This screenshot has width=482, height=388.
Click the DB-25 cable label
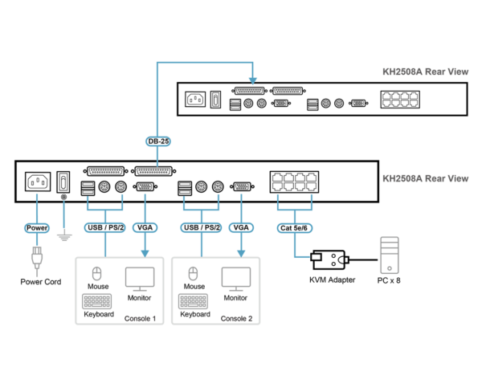click(157, 141)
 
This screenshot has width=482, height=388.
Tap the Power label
click(37, 228)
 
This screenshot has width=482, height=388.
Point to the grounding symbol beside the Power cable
click(64, 237)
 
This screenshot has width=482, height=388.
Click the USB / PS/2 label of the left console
click(104, 227)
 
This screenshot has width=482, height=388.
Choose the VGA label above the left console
click(145, 227)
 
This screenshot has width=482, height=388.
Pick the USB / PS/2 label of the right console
click(201, 227)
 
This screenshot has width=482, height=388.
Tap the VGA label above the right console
click(241, 227)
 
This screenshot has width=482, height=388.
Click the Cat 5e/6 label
click(294, 228)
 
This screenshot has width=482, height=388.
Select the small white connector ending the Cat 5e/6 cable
click(316, 257)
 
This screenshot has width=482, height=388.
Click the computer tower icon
click(390, 255)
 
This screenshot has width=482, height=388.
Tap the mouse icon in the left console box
click(97, 274)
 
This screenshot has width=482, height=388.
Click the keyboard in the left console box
click(97, 301)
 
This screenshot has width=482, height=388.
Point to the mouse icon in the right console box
click(193, 274)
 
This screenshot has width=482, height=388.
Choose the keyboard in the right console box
click(193, 301)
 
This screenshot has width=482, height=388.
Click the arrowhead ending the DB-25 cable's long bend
click(253, 80)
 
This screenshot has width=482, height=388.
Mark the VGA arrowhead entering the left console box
click(145, 253)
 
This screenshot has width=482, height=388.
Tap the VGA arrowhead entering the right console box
click(241, 253)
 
